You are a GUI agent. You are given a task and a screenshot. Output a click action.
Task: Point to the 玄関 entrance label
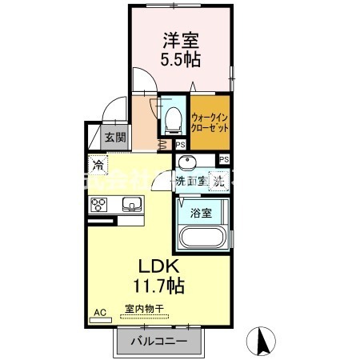115,138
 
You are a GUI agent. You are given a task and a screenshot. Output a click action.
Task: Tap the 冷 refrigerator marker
98,166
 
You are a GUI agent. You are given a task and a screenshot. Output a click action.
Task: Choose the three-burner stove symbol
99,205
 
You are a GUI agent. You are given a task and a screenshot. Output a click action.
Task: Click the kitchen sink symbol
131,205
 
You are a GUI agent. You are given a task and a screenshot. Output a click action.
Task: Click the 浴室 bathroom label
202,213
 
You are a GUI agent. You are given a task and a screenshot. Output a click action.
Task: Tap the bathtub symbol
203,238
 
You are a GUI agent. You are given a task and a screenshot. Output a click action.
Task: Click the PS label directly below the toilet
181,145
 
